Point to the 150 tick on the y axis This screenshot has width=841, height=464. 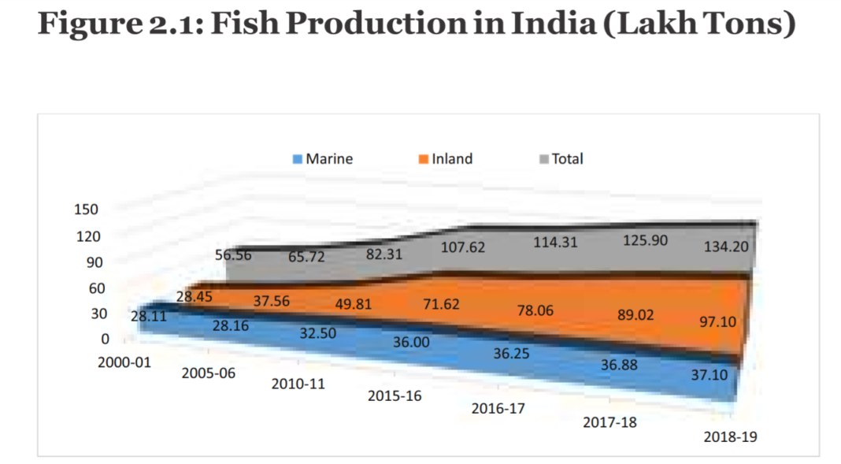[85, 210]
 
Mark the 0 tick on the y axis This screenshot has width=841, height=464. [105, 340]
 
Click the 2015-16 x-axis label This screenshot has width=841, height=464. [395, 395]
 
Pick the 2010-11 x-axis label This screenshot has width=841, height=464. [298, 384]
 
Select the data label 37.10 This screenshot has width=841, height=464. [709, 377]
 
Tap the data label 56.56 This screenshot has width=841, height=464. [234, 254]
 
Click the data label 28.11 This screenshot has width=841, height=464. [150, 315]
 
